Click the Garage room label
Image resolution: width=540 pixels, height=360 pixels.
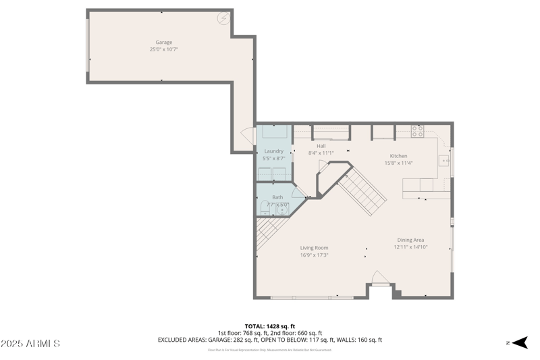163,42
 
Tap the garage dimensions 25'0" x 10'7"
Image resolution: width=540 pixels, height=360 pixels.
163,49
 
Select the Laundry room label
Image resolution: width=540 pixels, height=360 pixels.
273,151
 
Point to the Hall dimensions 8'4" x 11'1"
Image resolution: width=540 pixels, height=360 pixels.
321,153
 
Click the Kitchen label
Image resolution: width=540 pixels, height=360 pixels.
398,156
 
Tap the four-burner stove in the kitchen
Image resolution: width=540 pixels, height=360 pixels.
417,130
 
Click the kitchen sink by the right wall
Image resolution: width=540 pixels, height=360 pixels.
444,161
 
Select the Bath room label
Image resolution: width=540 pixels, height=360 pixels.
277,197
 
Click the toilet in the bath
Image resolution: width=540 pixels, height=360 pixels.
265,211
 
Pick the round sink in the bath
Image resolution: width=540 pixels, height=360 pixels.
281,210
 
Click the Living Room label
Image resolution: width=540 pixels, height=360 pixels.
314,248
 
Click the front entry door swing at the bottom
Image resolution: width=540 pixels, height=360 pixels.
380,278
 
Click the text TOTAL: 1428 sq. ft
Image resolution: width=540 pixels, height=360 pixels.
270,326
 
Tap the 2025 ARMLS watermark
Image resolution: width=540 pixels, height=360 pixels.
31,344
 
